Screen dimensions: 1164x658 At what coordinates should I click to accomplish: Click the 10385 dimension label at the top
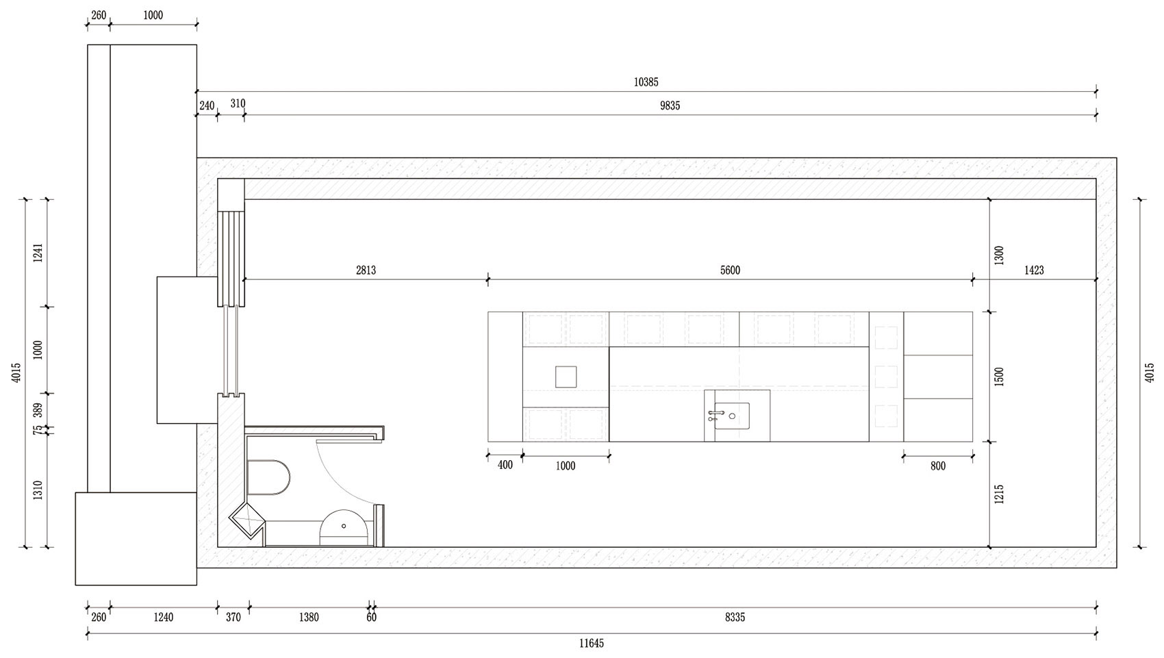click(646, 82)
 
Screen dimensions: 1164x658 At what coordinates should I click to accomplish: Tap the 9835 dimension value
click(670, 106)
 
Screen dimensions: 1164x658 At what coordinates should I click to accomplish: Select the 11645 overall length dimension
click(592, 644)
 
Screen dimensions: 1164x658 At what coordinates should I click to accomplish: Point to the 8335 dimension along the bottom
click(735, 618)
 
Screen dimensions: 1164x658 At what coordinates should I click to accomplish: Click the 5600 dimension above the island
click(730, 270)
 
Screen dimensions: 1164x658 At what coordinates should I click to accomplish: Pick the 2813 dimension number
click(366, 270)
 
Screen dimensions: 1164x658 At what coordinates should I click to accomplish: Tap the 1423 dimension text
click(1034, 270)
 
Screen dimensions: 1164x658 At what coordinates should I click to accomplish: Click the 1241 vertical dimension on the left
click(38, 253)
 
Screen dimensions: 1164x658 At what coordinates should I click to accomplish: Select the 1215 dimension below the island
click(999, 494)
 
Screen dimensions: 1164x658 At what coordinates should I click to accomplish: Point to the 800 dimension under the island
click(938, 466)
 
